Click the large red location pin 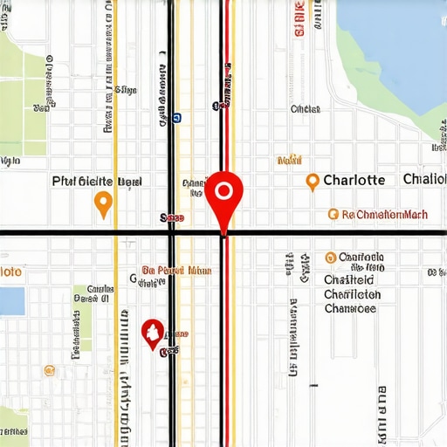(223, 193)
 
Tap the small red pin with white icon (153, 333)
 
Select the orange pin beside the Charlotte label (312, 181)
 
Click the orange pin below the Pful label (103, 203)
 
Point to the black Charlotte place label (354, 180)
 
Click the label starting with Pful (96, 182)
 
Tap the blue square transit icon (177, 115)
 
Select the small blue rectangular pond (11, 301)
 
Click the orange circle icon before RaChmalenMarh (333, 213)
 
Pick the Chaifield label (349, 280)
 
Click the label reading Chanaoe (352, 307)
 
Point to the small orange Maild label (288, 160)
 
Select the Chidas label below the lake (305, 109)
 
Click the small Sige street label (126, 89)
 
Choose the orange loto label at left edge (10, 272)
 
